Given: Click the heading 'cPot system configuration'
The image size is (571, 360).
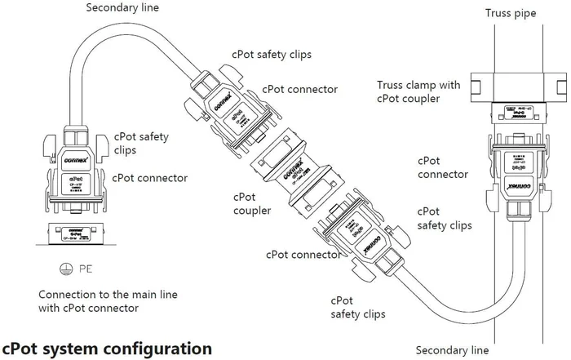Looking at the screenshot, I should pos(107,348).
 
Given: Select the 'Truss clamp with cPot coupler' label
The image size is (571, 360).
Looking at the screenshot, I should pos(418,91).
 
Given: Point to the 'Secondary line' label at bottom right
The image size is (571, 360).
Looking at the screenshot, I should pos(453,350).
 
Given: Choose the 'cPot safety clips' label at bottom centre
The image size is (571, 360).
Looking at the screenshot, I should pos(358,306).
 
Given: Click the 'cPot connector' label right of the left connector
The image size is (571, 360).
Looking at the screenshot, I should pos(150,177).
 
